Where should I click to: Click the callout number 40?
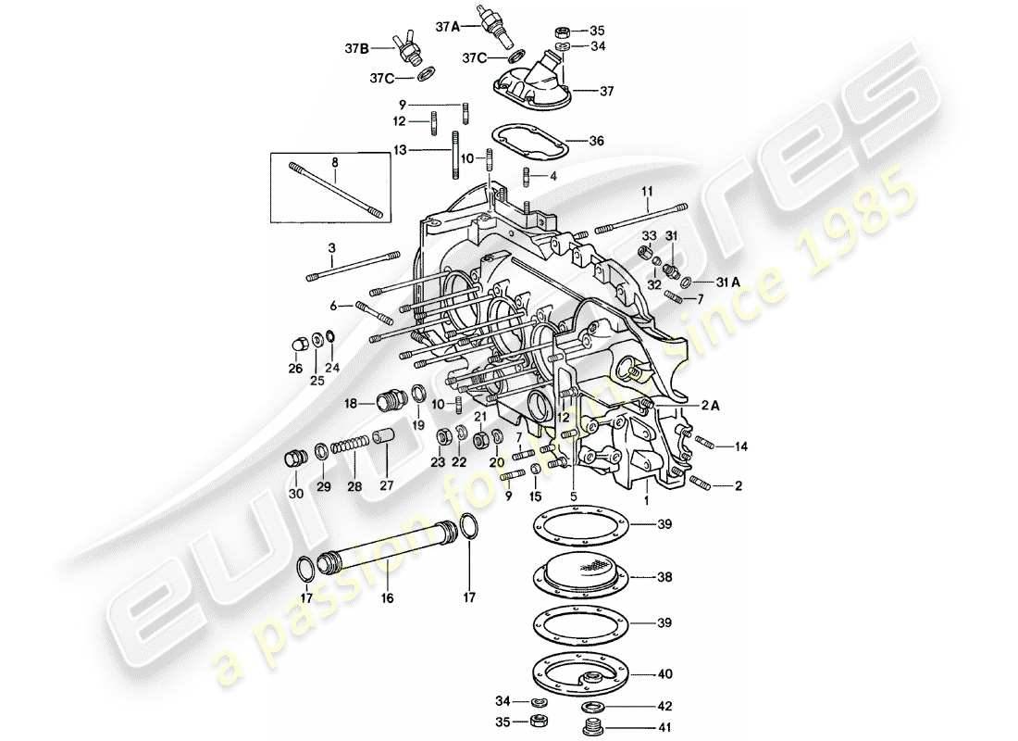665,674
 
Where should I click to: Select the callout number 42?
665,705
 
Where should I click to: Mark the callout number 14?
740,446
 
